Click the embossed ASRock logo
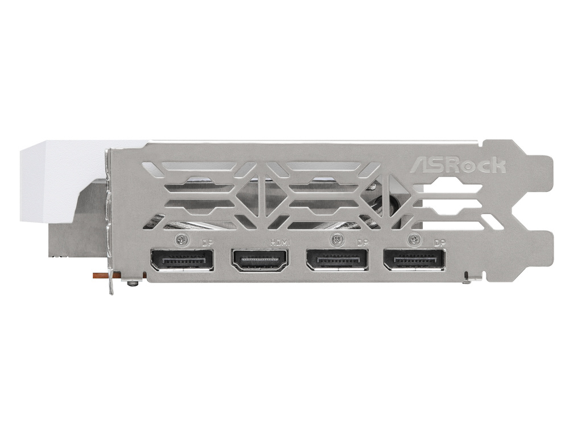(458, 165)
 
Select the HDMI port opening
(260, 260)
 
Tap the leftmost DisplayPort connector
(182, 260)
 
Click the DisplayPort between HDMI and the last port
(337, 260)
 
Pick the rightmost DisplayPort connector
(414, 260)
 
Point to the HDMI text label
(280, 243)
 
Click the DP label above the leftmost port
(208, 243)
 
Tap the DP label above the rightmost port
(439, 243)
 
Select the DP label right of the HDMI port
(362, 243)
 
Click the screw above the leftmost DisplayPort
(182, 240)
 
